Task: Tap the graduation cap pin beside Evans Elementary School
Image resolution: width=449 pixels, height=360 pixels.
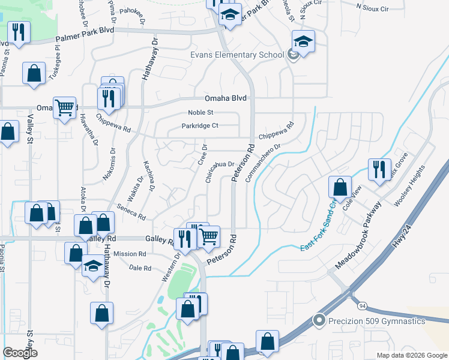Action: [x=303, y=43]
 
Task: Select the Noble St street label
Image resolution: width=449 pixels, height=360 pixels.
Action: [x=200, y=112]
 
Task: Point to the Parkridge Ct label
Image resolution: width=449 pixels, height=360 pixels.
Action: [x=200, y=126]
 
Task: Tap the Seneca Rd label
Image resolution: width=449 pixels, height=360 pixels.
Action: [x=132, y=210]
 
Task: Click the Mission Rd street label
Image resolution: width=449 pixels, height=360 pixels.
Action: [x=130, y=254]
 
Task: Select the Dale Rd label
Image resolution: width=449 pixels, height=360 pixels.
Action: [x=139, y=268]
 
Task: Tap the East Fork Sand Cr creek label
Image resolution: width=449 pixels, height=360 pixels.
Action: [x=318, y=229]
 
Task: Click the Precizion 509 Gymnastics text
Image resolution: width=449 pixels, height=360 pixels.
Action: [x=376, y=321]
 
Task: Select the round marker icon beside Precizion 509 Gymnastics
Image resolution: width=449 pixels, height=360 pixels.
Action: [x=319, y=321]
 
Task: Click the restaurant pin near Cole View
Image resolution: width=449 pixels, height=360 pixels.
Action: [x=379, y=170]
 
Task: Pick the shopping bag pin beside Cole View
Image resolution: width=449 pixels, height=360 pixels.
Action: [x=340, y=187]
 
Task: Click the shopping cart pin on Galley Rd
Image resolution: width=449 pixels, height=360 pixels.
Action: [x=208, y=236]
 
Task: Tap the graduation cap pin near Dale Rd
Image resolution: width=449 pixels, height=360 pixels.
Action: [x=92, y=266]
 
